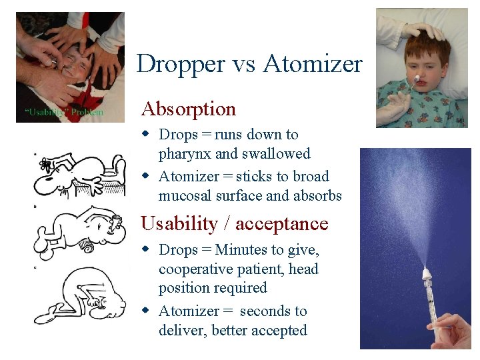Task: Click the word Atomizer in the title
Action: coord(313,64)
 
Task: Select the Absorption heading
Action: coord(188,109)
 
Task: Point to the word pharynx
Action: coord(185,154)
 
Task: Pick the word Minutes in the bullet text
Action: coord(243,250)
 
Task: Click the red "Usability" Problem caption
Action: coord(64,112)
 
